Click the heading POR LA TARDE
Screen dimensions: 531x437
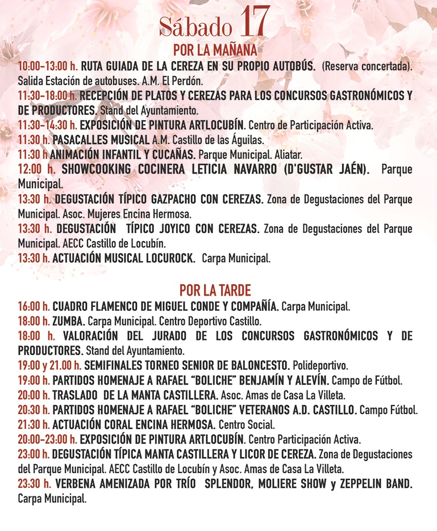(x=215, y=291)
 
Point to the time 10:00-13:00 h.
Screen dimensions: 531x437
(x=48, y=66)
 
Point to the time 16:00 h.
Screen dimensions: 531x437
(x=34, y=307)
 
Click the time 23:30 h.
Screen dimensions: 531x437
(x=34, y=484)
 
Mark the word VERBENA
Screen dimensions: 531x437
(x=84, y=484)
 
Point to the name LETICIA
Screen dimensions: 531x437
(x=224, y=170)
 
